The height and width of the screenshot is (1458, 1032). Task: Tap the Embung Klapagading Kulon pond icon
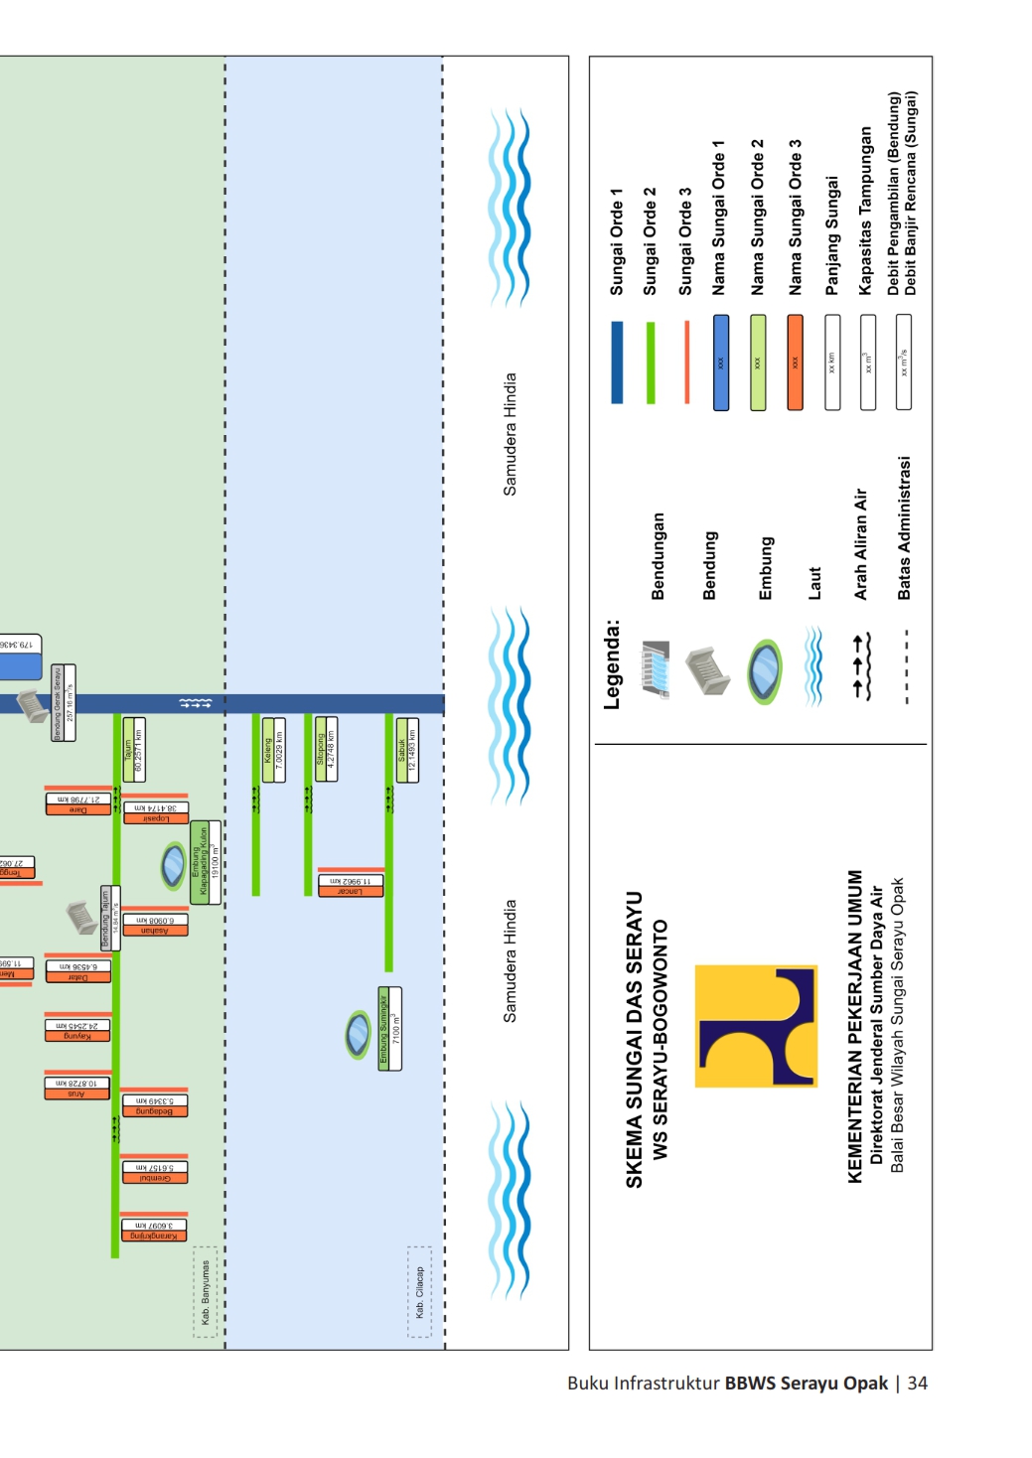[174, 864]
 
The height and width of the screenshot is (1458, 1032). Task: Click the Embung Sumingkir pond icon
[358, 1034]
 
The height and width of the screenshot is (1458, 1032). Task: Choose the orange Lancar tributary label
[350, 890]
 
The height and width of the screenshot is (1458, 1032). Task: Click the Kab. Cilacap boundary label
[420, 1291]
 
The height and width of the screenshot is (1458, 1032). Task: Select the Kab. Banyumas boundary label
[205, 1291]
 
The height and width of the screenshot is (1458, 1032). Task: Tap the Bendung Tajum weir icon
[80, 916]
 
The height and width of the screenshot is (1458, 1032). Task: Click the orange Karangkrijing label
[153, 1236]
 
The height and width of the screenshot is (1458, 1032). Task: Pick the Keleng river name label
[268, 750]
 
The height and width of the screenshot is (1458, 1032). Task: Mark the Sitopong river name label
[320, 750]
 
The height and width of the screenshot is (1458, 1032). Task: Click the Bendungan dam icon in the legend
[656, 669]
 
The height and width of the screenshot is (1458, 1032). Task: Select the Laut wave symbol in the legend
[813, 665]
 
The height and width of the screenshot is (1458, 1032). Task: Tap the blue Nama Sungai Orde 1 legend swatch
[721, 363]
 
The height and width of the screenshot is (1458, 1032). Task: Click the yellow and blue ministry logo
[756, 1026]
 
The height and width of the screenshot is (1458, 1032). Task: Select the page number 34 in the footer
[917, 1383]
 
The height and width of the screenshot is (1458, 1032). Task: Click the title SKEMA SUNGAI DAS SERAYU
[634, 1039]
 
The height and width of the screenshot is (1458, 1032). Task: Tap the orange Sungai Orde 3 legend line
[686, 362]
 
